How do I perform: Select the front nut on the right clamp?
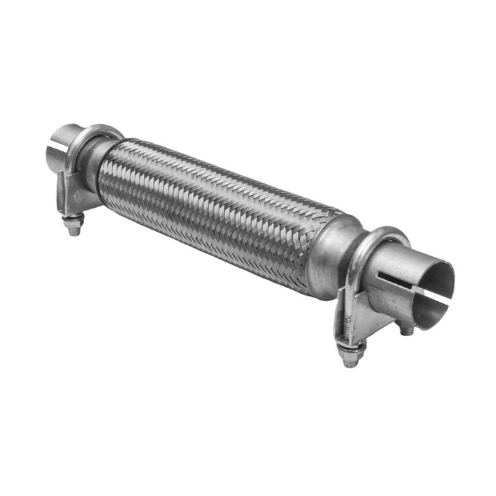[352, 355]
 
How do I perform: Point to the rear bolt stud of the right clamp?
[407, 328]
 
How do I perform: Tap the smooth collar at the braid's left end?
[95, 164]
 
